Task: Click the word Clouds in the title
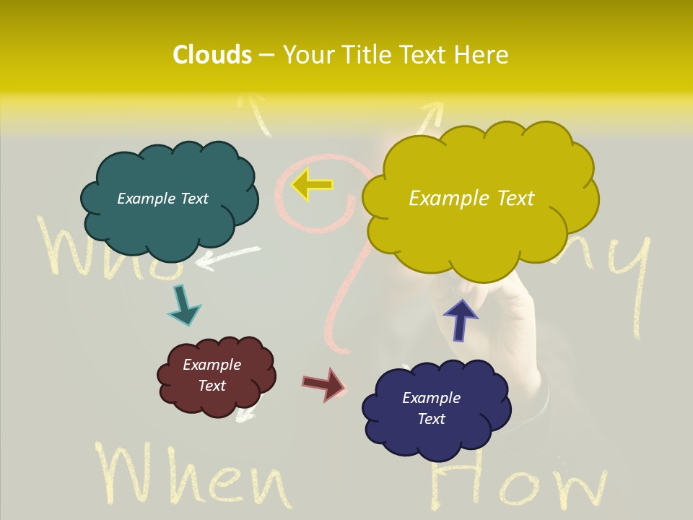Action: coord(212,55)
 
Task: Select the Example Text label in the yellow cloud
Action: coord(471,199)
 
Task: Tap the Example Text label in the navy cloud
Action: coord(431,408)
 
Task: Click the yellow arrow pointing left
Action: coord(312,185)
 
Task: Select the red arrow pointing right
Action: coord(324,384)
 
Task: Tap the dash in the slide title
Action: coord(266,56)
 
